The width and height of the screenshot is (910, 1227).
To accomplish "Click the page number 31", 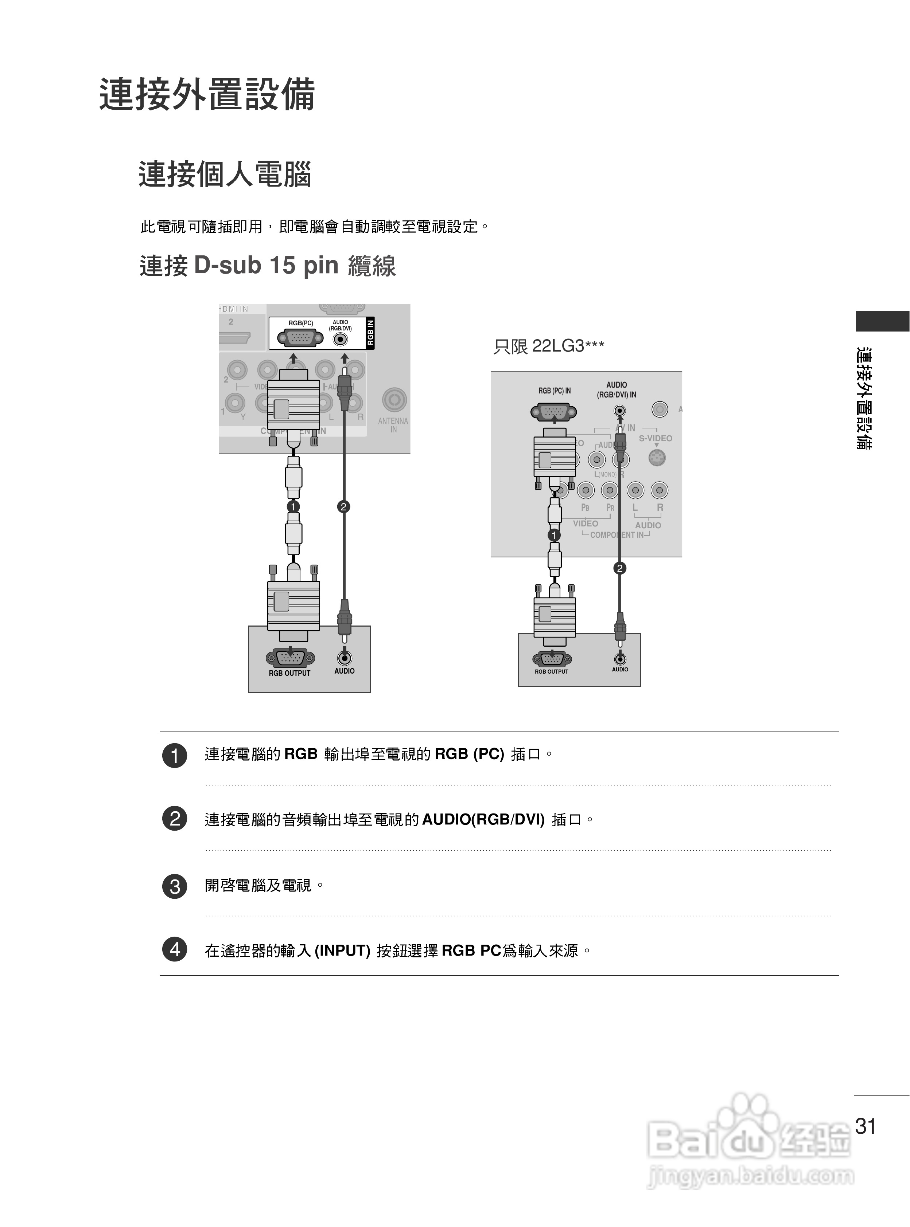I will (866, 1126).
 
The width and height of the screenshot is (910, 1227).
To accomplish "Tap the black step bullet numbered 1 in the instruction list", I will (175, 755).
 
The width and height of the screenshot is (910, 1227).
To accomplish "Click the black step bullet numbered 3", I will (175, 886).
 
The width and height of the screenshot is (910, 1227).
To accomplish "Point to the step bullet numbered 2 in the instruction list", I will (175, 819).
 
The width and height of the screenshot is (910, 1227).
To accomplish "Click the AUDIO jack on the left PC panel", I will (344, 657).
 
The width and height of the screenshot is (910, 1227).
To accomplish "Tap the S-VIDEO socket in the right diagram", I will (657, 458).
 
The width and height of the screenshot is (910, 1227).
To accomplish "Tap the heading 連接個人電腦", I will (225, 175).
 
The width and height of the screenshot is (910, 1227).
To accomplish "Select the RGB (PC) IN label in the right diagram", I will (554, 391).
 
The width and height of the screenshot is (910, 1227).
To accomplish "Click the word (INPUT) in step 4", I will (342, 950).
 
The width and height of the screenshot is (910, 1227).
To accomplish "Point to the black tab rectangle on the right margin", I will (882, 321).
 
